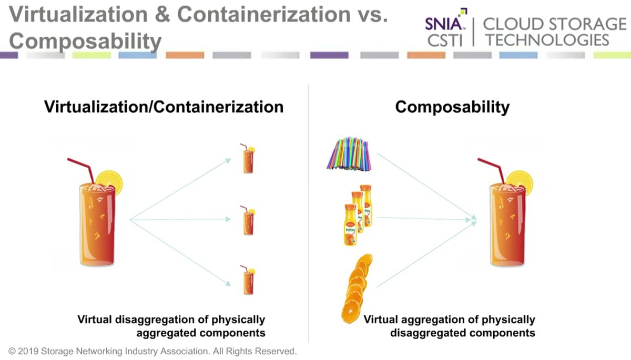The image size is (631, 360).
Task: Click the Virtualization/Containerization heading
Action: click(x=164, y=107)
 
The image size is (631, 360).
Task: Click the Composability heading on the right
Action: click(x=452, y=107)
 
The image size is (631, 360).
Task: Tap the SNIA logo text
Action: click(x=444, y=24)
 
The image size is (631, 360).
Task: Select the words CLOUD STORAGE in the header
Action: click(x=554, y=24)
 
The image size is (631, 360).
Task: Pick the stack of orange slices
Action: click(x=355, y=289)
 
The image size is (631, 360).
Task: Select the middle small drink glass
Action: click(x=248, y=221)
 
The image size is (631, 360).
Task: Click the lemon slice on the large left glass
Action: click(x=112, y=181)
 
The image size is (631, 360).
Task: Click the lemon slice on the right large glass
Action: click(x=521, y=181)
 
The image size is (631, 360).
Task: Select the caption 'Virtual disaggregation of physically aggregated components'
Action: click(x=171, y=326)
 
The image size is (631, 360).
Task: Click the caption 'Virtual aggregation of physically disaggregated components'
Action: click(x=449, y=326)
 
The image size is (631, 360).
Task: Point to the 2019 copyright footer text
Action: click(x=152, y=350)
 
